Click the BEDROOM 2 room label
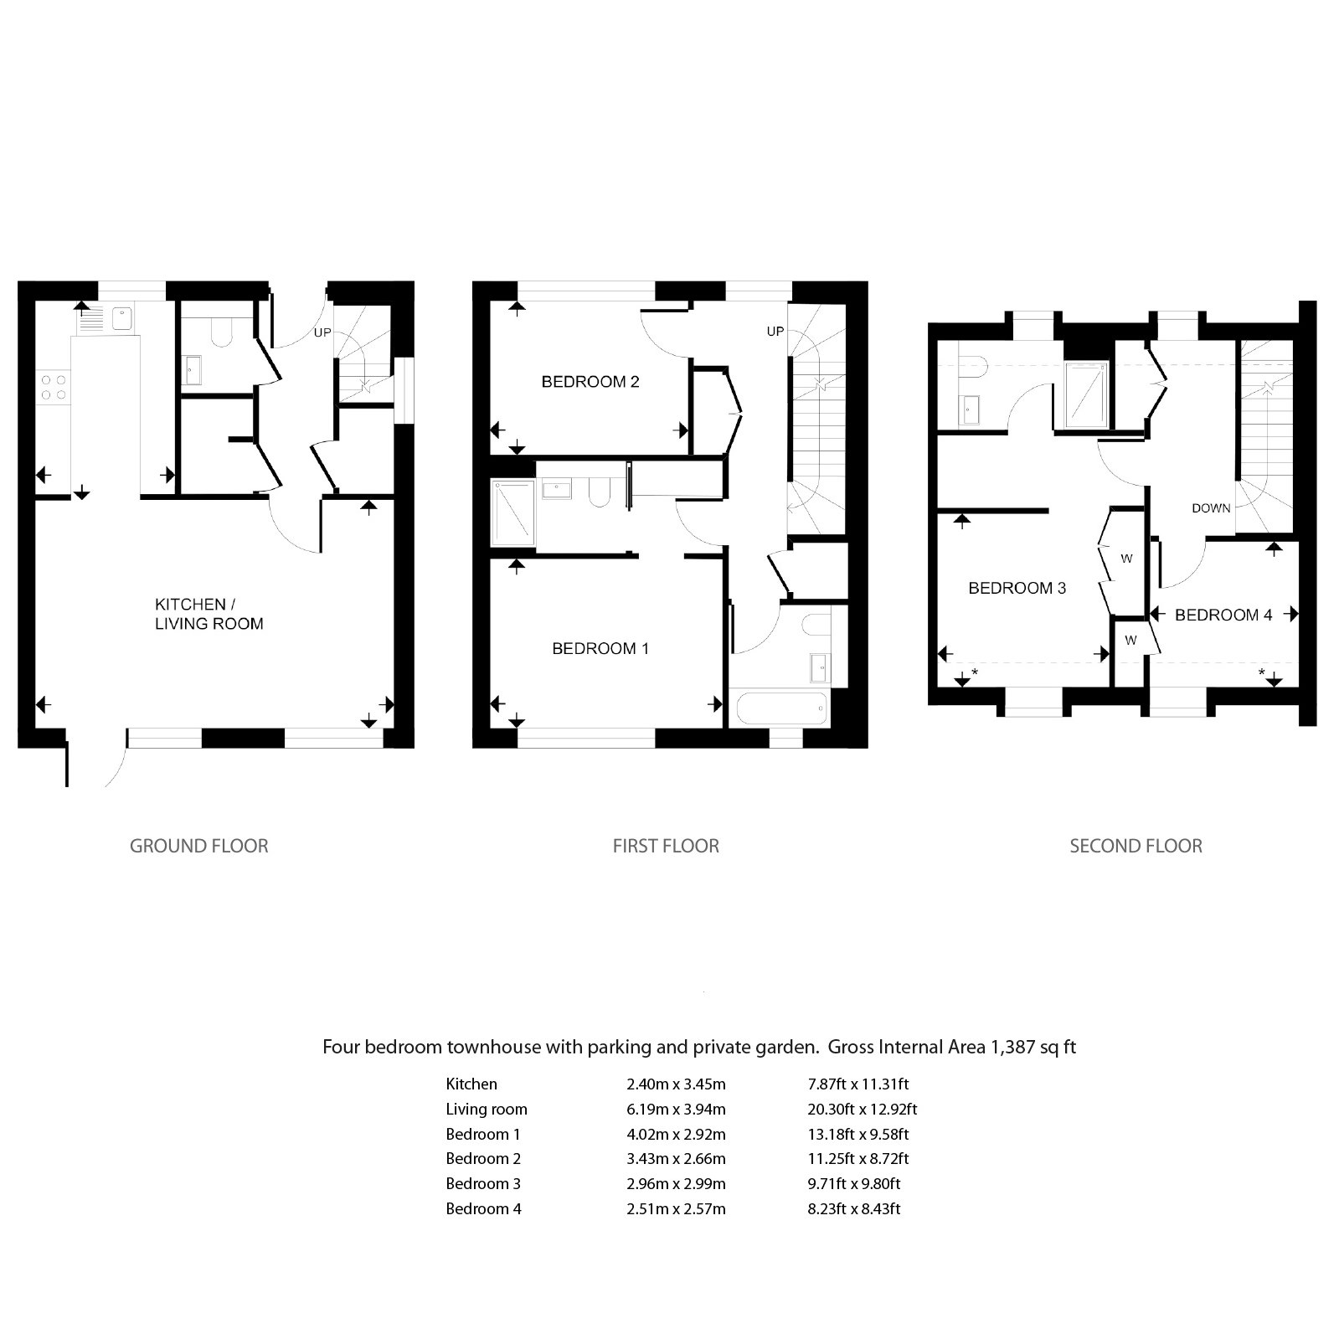click(590, 382)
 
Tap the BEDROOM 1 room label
click(600, 648)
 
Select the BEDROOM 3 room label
click(1017, 588)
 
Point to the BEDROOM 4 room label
click(1223, 615)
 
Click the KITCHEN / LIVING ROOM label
click(209, 614)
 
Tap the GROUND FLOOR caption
click(199, 846)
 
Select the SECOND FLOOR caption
click(1136, 846)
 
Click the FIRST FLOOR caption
click(666, 846)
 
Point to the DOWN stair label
click(1211, 508)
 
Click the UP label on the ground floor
click(322, 332)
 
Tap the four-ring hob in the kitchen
click(54, 387)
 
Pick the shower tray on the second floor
click(1086, 394)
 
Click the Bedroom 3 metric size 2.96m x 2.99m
click(676, 1183)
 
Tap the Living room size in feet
click(863, 1109)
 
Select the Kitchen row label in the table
click(471, 1084)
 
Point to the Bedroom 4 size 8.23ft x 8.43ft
click(854, 1208)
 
